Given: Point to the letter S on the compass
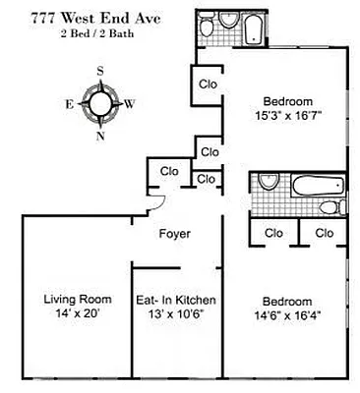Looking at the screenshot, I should point(99,71).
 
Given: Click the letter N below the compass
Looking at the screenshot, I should point(99,136).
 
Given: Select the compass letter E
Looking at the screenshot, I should point(69,102).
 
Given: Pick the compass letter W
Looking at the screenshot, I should point(131,102).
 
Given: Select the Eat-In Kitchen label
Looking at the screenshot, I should point(175,300).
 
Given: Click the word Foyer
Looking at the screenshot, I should point(175,234).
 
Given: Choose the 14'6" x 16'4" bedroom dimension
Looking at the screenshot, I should point(287,314).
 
